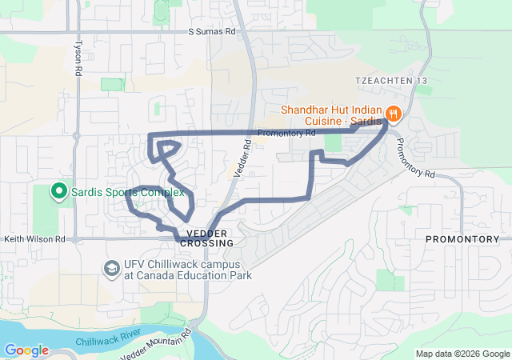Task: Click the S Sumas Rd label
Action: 212,32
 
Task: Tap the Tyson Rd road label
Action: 78,58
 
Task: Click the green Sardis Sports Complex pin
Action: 58,191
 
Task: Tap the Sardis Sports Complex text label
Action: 128,192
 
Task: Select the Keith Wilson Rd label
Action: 34,238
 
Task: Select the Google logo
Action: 26,350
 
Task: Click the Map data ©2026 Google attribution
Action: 462,354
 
